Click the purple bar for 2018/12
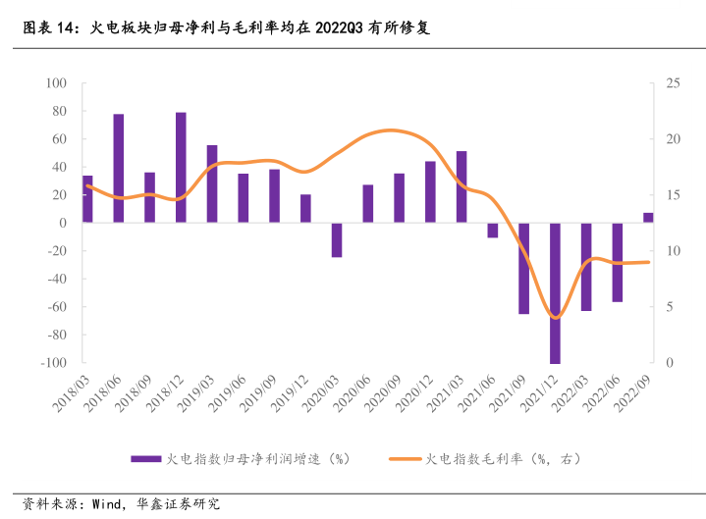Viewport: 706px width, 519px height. click(181, 168)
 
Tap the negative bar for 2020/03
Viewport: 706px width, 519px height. click(337, 239)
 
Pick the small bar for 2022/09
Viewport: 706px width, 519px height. click(648, 218)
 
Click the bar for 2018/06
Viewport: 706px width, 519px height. click(118, 169)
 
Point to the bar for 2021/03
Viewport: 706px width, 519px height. click(462, 186)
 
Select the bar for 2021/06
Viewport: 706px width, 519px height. click(493, 230)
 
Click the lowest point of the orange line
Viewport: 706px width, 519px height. click(556, 318)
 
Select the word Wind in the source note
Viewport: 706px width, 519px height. click(106, 504)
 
